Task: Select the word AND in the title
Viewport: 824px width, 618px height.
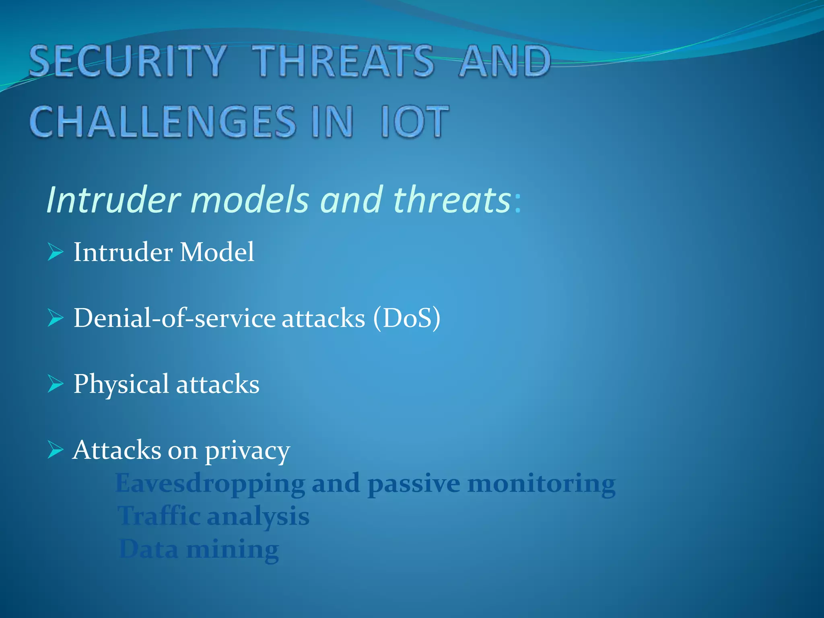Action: tap(505, 61)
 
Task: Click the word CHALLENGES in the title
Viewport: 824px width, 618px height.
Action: tap(163, 122)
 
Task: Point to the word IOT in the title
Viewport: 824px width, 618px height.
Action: tap(414, 122)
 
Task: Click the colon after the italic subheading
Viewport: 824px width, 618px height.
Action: tap(517, 202)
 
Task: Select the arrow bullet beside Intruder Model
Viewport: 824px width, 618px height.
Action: tap(56, 252)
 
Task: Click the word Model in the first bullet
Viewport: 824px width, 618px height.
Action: tap(217, 252)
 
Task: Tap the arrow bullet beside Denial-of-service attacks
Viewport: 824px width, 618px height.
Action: tap(56, 318)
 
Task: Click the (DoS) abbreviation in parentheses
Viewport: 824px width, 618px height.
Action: tap(406, 318)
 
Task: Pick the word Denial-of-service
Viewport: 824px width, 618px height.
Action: tap(175, 318)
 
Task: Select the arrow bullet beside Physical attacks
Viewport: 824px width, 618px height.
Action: tap(56, 384)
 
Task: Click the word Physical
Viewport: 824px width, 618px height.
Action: tap(121, 385)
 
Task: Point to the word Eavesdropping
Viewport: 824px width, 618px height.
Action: tap(210, 484)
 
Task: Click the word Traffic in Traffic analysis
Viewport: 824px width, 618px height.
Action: tap(159, 516)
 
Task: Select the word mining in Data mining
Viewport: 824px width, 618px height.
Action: tap(233, 550)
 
